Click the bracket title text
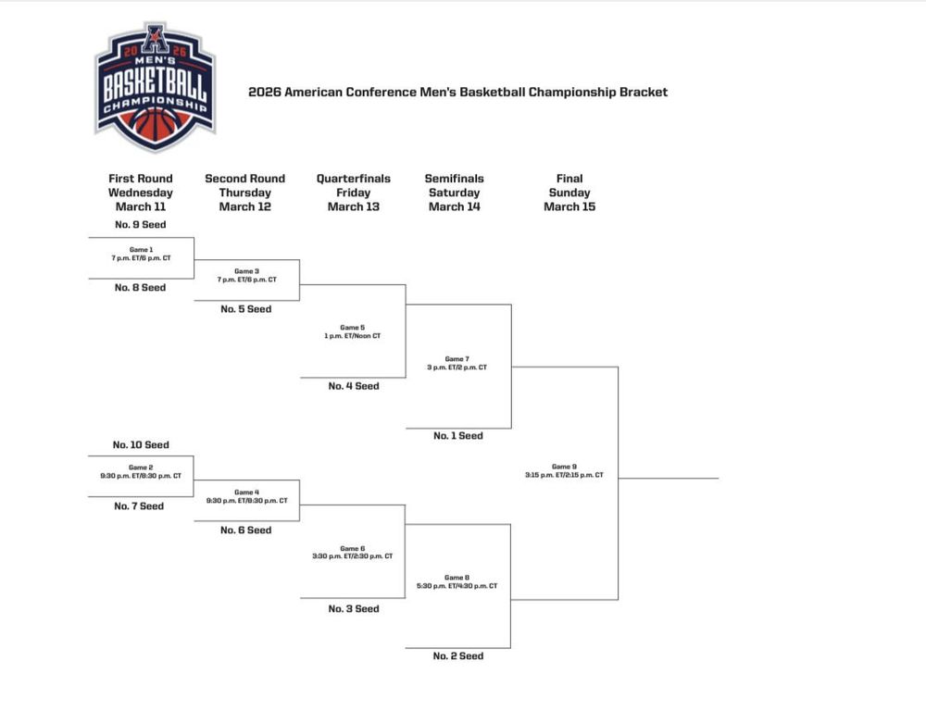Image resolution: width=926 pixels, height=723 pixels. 457,92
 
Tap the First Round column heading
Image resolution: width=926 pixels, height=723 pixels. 141,193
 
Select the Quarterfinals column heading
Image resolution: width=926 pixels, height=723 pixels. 353,193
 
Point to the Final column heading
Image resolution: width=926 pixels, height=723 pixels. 569,193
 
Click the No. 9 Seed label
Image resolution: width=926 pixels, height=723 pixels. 140,225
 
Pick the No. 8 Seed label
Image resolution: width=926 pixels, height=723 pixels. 140,288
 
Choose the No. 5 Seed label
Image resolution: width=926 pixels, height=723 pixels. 246,309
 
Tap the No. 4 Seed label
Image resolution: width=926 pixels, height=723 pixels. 353,386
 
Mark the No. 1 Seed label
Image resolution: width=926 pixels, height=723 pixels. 458,436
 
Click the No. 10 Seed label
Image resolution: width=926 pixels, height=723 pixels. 141,445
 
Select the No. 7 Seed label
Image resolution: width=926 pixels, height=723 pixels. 139,506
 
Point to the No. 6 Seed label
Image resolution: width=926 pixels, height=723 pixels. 246,530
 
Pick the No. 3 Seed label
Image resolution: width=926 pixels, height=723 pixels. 353,609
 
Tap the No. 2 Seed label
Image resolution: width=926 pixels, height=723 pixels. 458,656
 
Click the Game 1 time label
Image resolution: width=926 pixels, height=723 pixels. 141,258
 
